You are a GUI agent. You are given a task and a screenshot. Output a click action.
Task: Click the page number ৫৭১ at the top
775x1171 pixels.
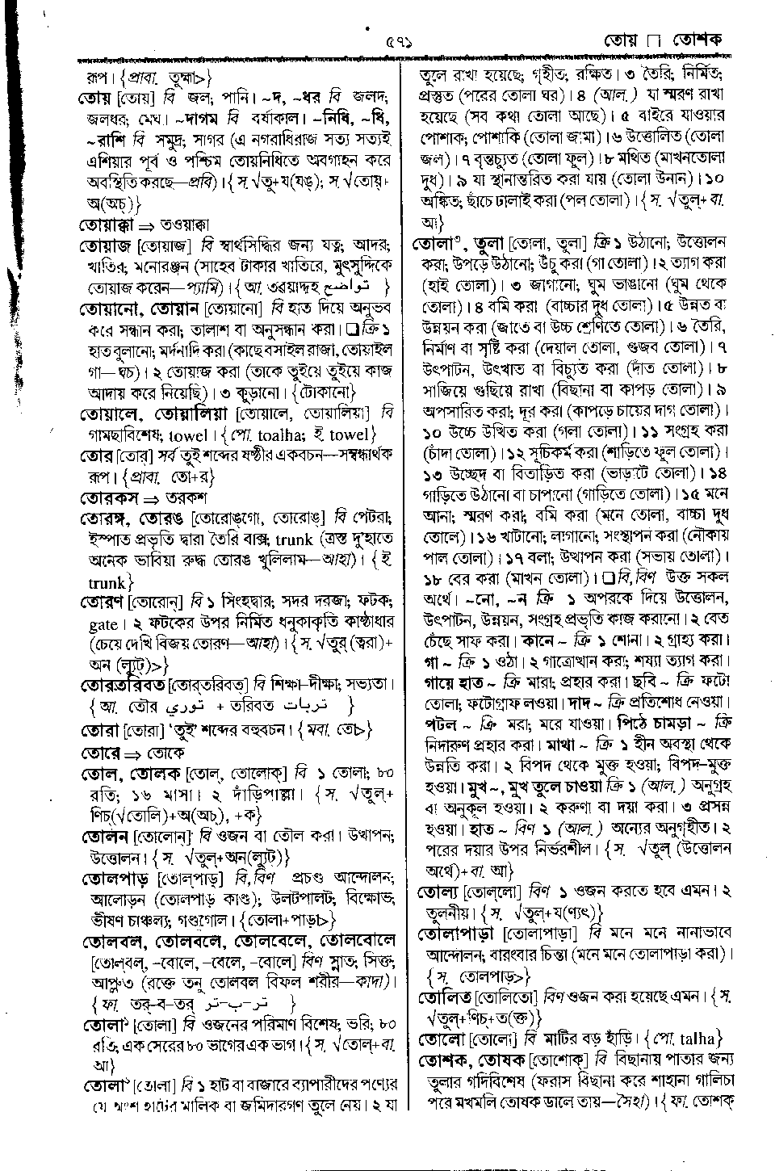399,40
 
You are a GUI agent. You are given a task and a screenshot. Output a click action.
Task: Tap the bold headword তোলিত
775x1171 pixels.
444,997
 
